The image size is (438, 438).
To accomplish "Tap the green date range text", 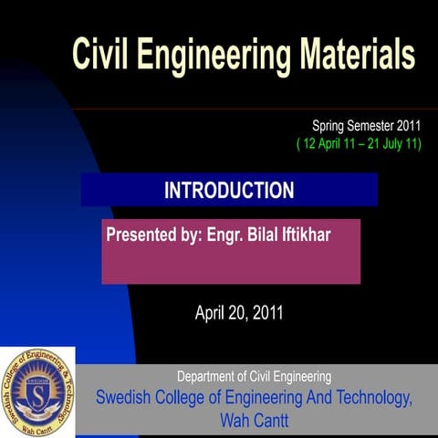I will tap(359, 144).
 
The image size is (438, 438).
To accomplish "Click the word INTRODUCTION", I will tap(229, 191).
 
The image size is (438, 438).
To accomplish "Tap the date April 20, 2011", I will tap(239, 313).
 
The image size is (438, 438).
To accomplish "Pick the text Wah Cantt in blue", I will tap(255, 421).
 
